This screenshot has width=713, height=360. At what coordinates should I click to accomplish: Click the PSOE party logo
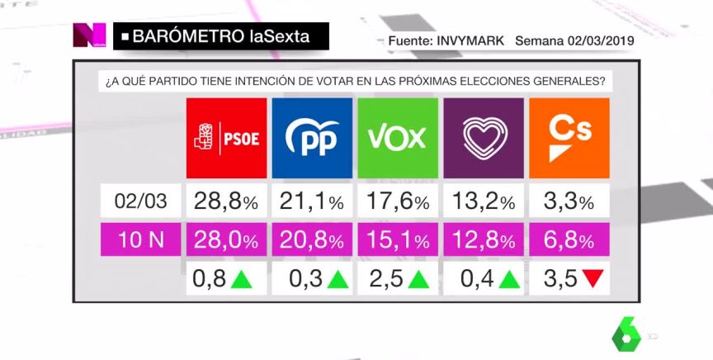(227, 138)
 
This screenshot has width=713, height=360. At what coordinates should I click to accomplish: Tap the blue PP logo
(312, 138)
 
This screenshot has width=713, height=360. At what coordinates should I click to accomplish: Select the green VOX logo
(398, 138)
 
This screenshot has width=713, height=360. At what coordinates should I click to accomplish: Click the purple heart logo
(483, 138)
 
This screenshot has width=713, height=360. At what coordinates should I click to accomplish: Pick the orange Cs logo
(569, 138)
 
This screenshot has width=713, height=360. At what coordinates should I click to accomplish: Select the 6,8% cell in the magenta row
(569, 242)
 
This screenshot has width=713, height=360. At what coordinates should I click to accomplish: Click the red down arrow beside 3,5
(592, 279)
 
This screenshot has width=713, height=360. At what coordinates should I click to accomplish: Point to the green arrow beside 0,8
(240, 279)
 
